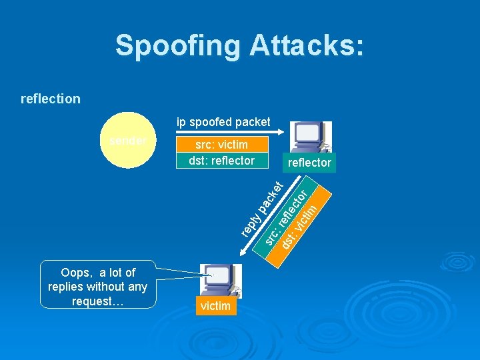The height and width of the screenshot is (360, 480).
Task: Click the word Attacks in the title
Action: click(306, 45)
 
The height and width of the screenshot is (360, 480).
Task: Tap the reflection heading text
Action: click(51, 99)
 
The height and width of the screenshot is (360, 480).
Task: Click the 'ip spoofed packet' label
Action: click(223, 122)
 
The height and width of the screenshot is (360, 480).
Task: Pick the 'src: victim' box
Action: click(221, 145)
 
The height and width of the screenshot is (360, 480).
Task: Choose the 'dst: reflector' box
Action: click(221, 161)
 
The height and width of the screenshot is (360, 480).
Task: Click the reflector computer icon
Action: click(311, 138)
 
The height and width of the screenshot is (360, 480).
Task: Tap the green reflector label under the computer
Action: click(309, 163)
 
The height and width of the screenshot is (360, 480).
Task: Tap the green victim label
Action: click(215, 306)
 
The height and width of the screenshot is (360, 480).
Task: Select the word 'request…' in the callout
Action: click(97, 301)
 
